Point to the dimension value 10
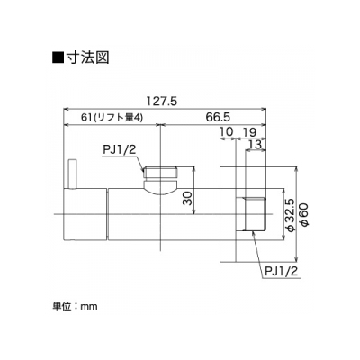227,131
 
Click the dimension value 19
249,131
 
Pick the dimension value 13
256,145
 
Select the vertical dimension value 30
187,198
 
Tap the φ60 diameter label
303,215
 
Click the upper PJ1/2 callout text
120,150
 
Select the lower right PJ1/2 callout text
282,272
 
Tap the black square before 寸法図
58,58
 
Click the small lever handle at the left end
72,175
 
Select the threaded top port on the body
160,173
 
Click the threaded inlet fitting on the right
256,214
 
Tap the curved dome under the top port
160,187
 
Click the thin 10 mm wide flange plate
227,214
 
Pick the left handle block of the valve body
85,214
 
